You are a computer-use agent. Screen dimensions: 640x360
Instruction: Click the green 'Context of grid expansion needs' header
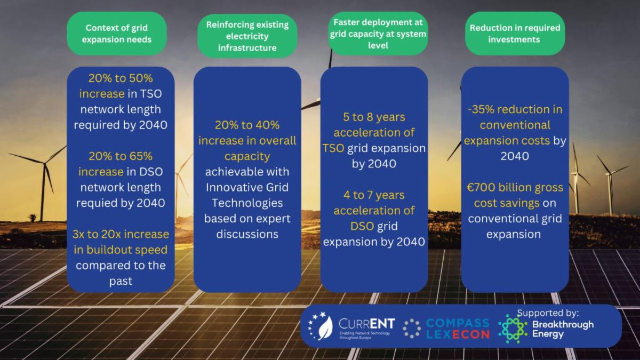[x=117, y=34]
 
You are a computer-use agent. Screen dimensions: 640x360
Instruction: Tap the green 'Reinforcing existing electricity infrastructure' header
[x=247, y=36]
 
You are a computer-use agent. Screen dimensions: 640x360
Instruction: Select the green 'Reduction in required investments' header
[x=515, y=34]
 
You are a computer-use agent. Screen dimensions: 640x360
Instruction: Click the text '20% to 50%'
[x=121, y=78]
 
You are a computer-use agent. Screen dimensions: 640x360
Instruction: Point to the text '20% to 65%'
[x=121, y=156]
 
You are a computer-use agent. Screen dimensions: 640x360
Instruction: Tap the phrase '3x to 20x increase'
[x=121, y=234]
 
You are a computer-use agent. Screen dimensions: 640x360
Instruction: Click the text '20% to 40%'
[x=247, y=125]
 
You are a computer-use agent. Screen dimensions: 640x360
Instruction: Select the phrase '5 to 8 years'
[x=374, y=117]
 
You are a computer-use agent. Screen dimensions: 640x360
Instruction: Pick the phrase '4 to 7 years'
[x=374, y=195]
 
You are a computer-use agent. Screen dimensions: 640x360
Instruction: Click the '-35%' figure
[x=481, y=109]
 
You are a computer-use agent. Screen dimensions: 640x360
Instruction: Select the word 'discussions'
[x=247, y=234]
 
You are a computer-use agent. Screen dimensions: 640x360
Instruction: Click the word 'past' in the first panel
[x=121, y=282]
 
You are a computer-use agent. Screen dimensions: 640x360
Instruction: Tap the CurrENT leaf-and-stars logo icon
[x=321, y=326]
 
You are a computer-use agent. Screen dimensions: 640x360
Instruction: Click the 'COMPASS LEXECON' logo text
[x=458, y=329]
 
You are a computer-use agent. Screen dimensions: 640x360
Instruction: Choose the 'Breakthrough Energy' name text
[x=563, y=330]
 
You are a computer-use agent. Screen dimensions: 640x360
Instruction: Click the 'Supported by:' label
[x=548, y=314]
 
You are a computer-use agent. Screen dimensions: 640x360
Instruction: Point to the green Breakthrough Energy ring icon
[x=513, y=329]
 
